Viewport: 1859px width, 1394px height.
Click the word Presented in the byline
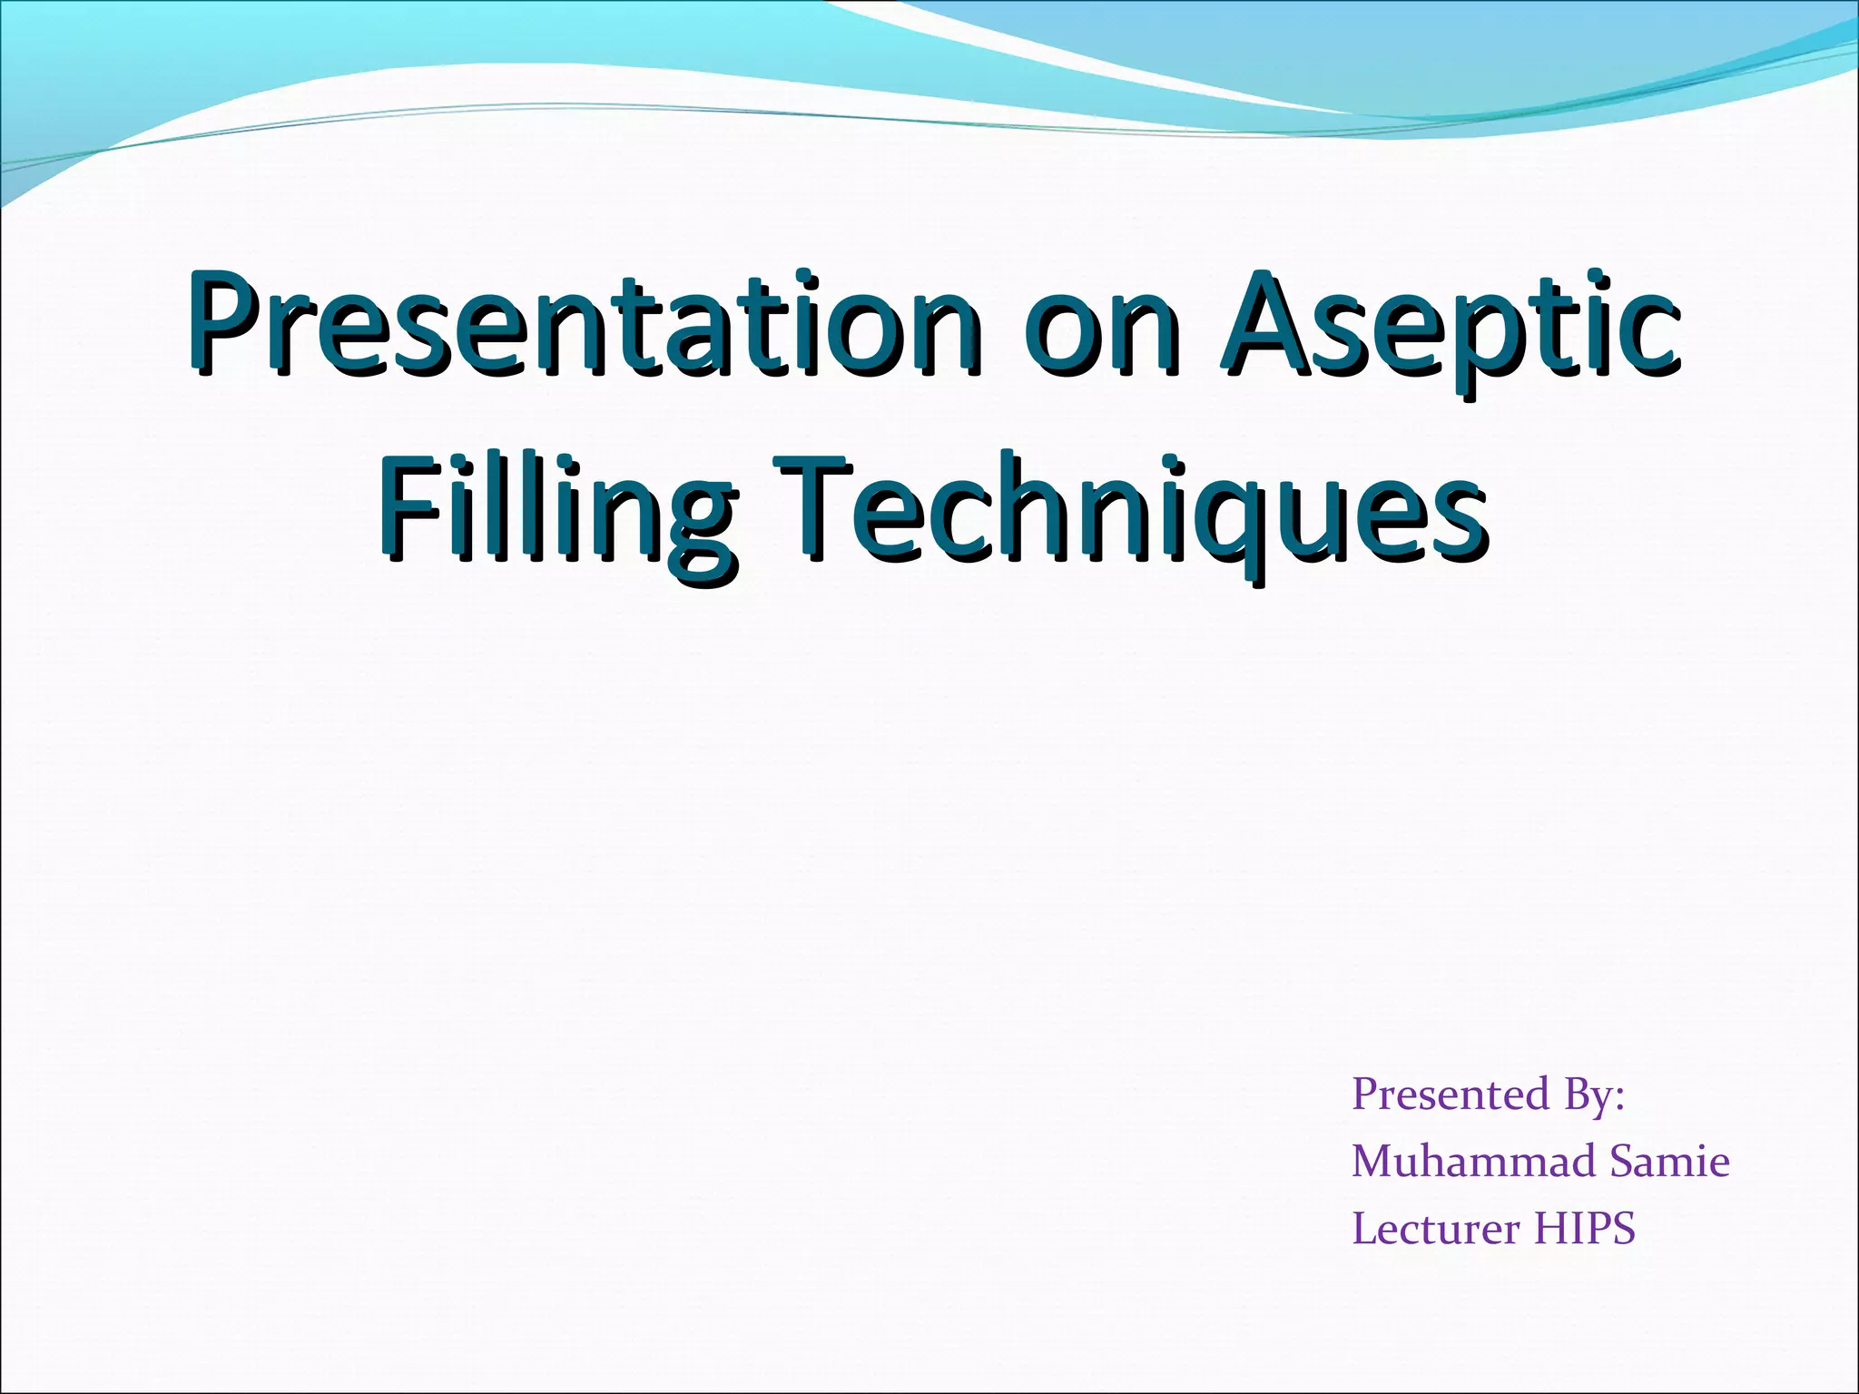coord(1450,1094)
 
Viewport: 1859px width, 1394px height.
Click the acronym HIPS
coord(1585,1228)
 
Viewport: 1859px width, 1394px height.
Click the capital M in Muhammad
coord(1373,1161)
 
